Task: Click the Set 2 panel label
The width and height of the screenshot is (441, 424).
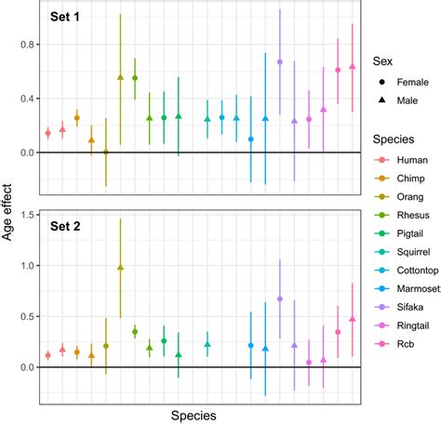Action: click(66, 226)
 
